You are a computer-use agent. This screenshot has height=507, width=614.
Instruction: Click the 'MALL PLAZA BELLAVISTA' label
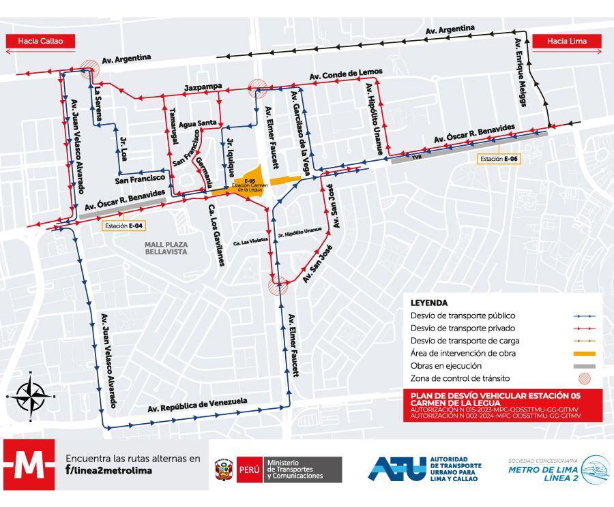pyautogui.click(x=166, y=247)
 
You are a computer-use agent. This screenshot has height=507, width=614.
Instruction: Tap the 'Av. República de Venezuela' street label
pyautogui.click(x=197, y=405)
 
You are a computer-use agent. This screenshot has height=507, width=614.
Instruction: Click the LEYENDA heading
pyautogui.click(x=429, y=303)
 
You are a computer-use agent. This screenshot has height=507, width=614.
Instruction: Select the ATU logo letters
pyautogui.click(x=397, y=468)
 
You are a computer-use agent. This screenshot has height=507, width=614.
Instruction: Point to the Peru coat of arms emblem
pyautogui.click(x=222, y=470)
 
